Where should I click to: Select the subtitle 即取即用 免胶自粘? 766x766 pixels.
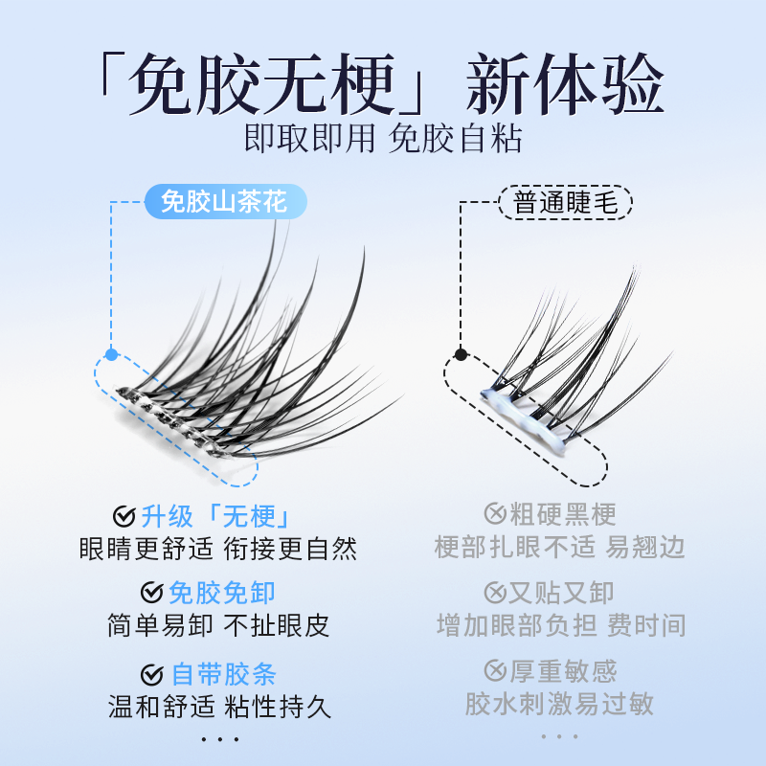(383, 139)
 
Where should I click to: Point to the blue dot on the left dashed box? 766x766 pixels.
(111, 355)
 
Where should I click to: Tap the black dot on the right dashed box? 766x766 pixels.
(461, 355)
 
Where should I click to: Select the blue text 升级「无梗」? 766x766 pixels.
(215, 517)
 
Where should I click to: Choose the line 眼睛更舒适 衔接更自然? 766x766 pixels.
(217, 549)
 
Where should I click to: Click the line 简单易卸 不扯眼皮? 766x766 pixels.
(217, 625)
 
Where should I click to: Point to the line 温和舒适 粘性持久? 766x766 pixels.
(217, 708)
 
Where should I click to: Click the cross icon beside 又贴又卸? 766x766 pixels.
(495, 593)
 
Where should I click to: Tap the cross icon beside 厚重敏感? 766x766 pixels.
(495, 671)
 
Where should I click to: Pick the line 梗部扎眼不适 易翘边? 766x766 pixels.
(560, 548)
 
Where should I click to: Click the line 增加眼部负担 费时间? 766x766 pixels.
(561, 625)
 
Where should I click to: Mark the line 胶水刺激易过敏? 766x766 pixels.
(560, 705)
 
